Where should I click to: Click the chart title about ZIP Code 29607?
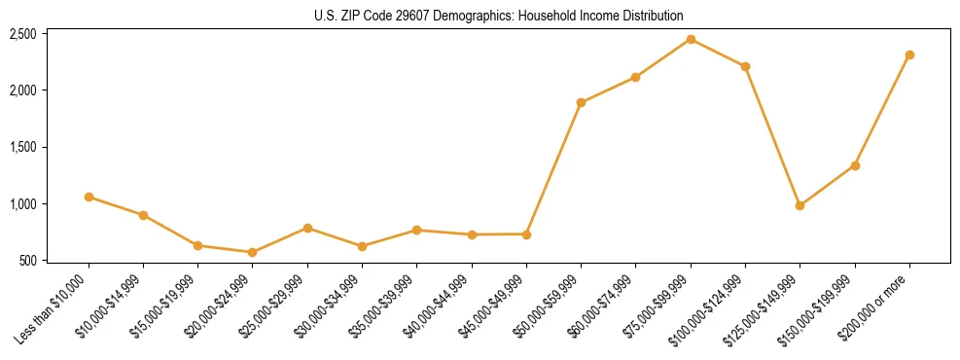tap(499, 16)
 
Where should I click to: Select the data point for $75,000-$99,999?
tap(691, 39)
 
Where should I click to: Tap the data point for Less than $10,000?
tap(89, 197)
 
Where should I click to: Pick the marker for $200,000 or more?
tap(909, 54)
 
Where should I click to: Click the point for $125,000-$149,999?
tap(800, 205)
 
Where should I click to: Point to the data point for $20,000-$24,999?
tap(253, 252)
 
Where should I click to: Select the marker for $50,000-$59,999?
tap(581, 102)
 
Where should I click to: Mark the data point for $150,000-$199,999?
tap(855, 165)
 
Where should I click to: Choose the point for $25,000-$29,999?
tap(307, 228)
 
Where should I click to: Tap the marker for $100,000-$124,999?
tap(745, 66)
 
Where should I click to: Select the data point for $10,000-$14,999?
tap(143, 215)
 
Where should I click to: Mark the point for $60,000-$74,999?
tap(635, 77)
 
